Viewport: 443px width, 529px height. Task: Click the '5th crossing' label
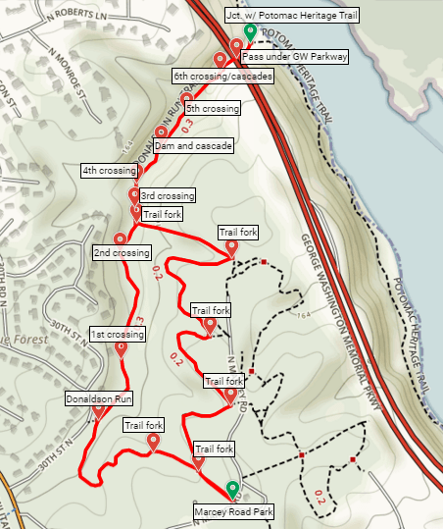click(x=213, y=109)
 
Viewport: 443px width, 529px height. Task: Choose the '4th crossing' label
click(x=109, y=171)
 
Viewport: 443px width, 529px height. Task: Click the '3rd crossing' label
click(x=168, y=195)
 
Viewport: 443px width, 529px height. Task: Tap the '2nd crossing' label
click(x=122, y=253)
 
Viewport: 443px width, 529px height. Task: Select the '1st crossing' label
click(x=117, y=335)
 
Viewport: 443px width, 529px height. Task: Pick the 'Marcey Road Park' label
click(x=233, y=511)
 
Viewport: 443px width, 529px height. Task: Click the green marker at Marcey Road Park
click(x=232, y=490)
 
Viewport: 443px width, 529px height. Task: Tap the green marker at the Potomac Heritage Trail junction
click(x=250, y=33)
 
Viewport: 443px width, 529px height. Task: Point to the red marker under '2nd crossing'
click(x=121, y=238)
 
